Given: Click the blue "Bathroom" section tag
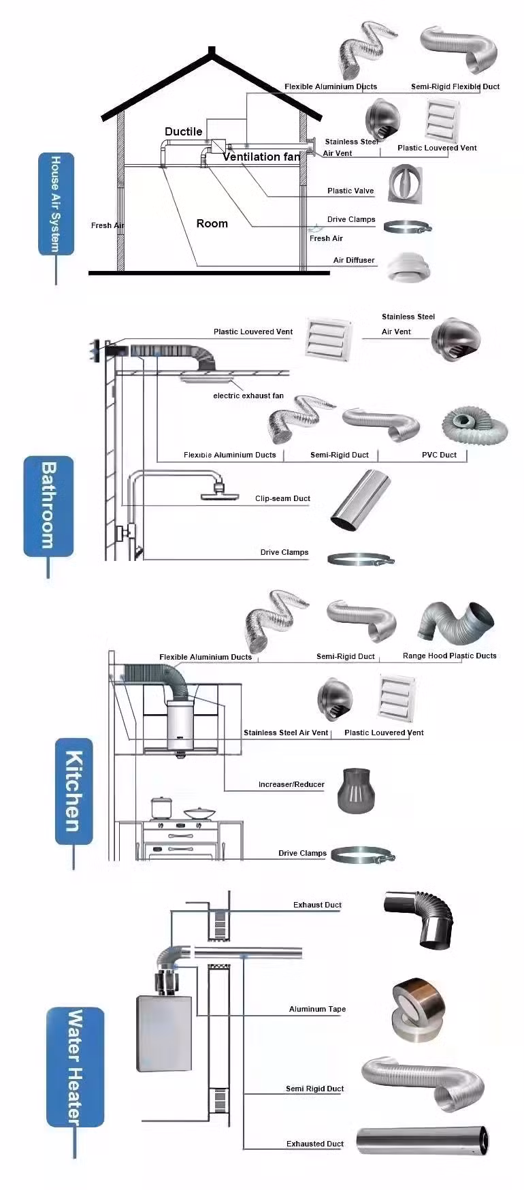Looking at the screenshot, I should [x=48, y=506].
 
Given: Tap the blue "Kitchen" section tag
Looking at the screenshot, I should [x=73, y=791].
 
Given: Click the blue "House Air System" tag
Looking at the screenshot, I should [x=56, y=204].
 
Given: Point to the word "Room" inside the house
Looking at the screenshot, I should [x=212, y=223].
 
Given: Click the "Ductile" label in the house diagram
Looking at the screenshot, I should [x=183, y=131].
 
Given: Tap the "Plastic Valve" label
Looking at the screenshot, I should [x=350, y=191].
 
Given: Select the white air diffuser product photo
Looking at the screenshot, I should [x=409, y=266].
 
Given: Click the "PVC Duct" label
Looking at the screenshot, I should [x=439, y=455].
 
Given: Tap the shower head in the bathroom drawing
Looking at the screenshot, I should [x=218, y=493].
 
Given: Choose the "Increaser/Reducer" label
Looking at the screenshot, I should [x=291, y=784].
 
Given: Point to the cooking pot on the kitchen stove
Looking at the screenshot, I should [x=161, y=808].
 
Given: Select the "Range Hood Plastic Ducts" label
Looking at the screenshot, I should [x=449, y=656].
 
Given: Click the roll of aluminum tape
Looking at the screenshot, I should [x=414, y=1012].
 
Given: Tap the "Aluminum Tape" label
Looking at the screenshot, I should [x=317, y=1009].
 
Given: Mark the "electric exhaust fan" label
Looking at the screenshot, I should [x=248, y=396].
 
